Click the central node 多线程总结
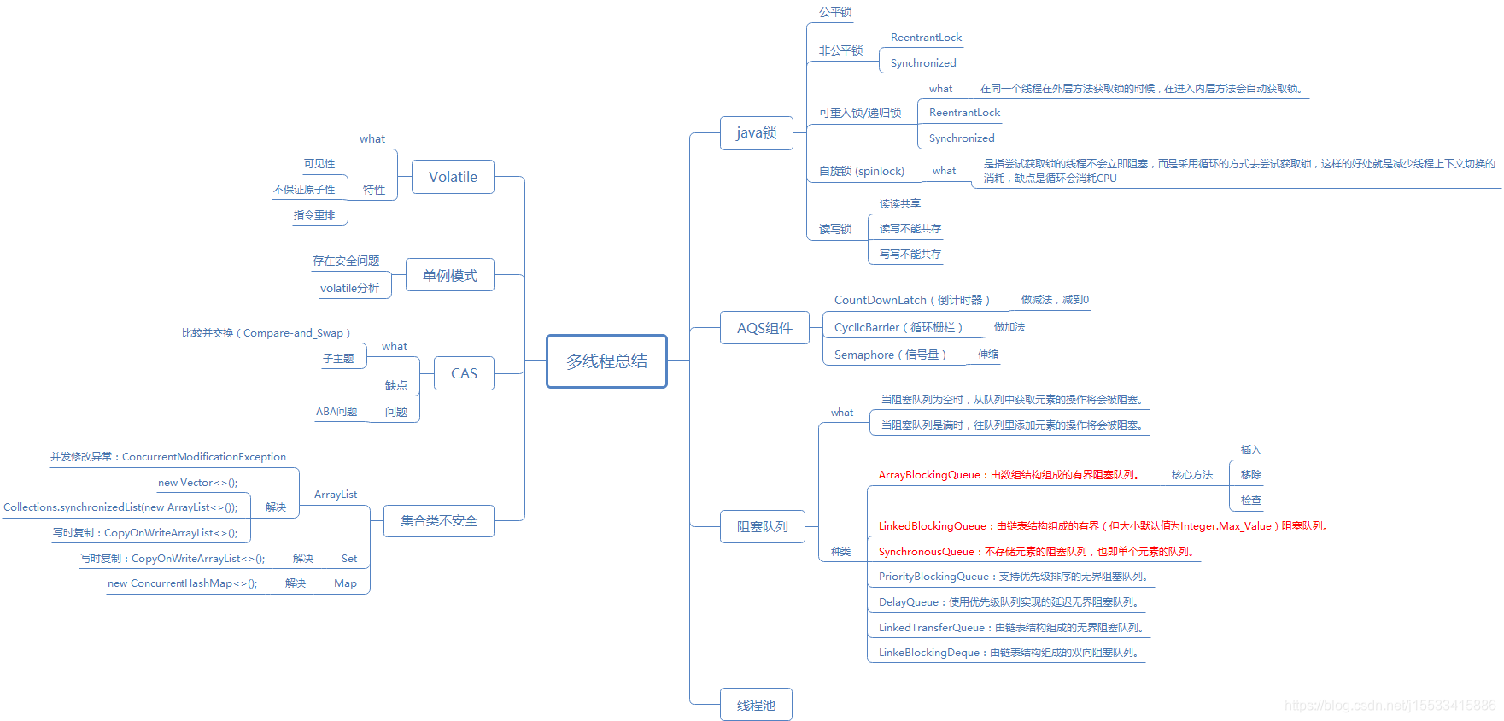click(x=606, y=361)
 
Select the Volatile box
click(x=453, y=177)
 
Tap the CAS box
click(x=464, y=373)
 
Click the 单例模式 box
click(x=450, y=275)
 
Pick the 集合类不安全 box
click(x=439, y=520)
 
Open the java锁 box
click(x=757, y=132)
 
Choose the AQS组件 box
click(x=764, y=328)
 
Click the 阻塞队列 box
click(x=763, y=526)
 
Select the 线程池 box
click(x=756, y=705)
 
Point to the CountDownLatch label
click(x=911, y=300)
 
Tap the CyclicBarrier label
click(x=898, y=327)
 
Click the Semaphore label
click(x=890, y=355)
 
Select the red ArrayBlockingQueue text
click(x=1009, y=475)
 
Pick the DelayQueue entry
click(x=1009, y=602)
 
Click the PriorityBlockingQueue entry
click(x=1014, y=577)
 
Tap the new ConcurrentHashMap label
click(x=182, y=583)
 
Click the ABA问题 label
click(x=336, y=412)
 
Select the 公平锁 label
click(x=835, y=12)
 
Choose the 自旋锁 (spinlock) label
click(x=861, y=171)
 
